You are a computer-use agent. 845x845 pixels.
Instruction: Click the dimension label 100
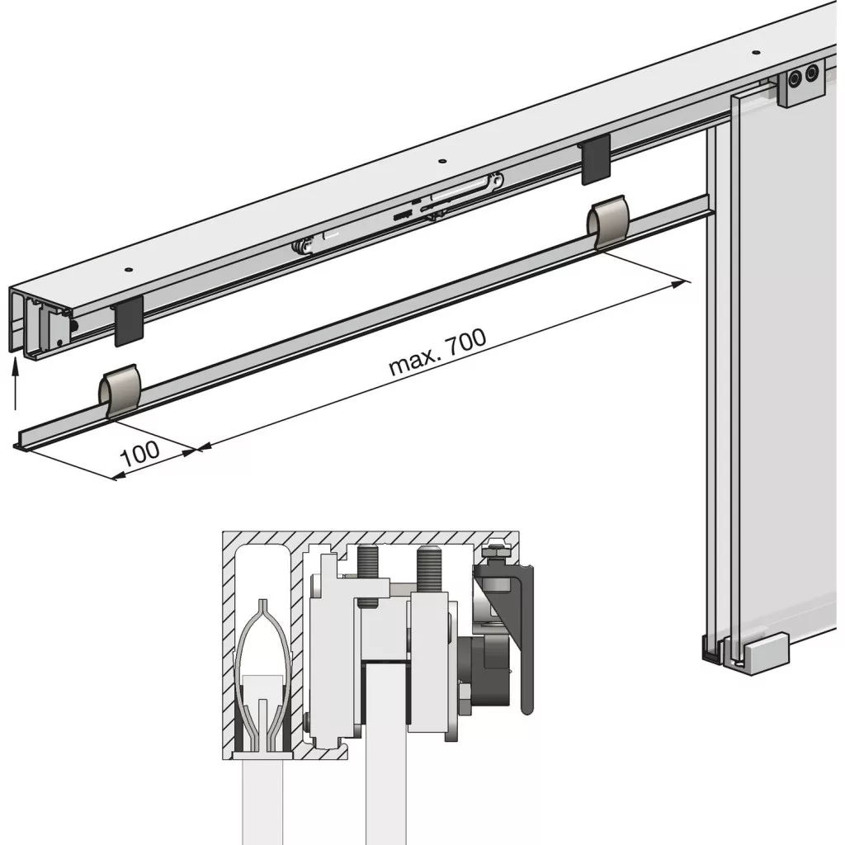[140, 454]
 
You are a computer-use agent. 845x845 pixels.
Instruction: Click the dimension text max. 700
[437, 352]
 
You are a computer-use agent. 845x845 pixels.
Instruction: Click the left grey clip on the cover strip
[120, 391]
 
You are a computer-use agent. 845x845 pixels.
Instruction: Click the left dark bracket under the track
[130, 321]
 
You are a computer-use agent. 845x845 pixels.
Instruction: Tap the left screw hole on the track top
[128, 269]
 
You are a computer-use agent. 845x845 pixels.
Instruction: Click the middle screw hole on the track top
[442, 161]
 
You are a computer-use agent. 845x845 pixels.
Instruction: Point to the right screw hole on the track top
[756, 53]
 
